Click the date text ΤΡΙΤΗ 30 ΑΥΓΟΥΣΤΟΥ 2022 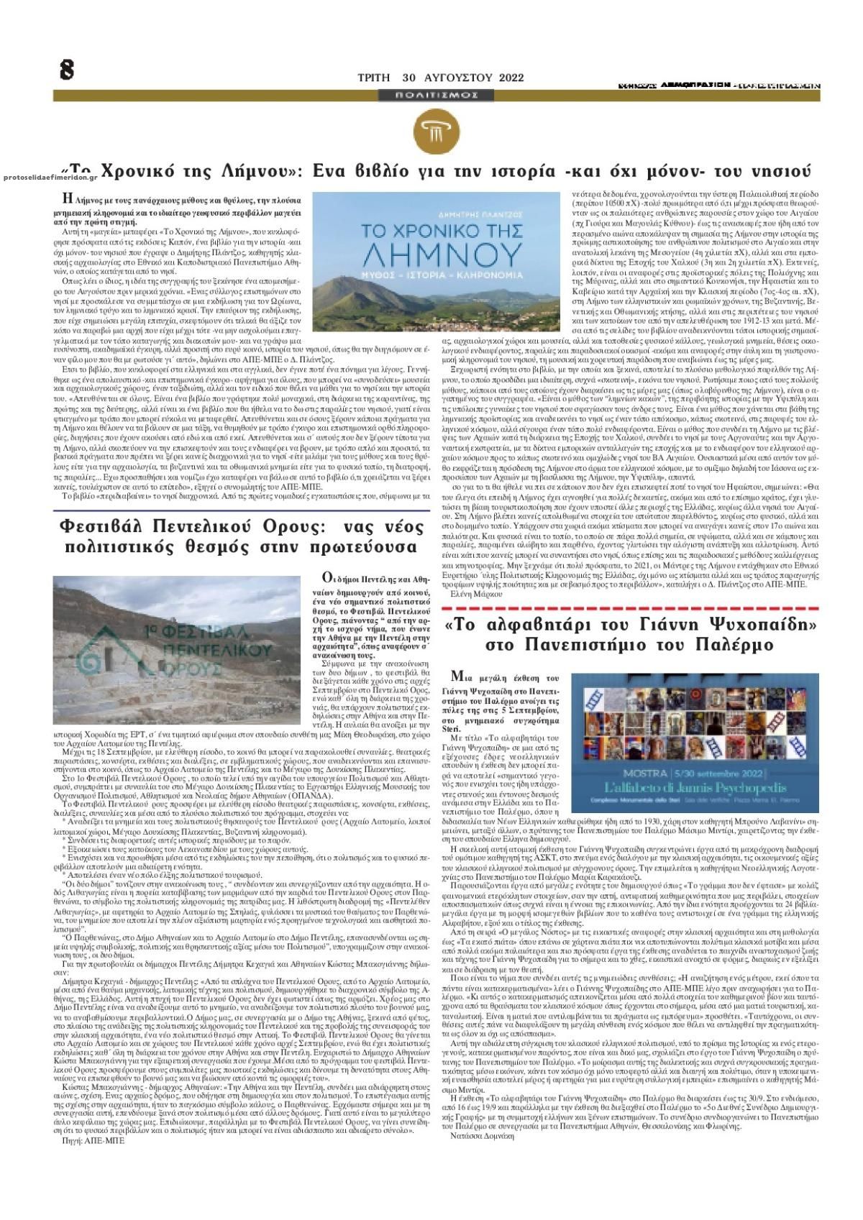click(x=441, y=78)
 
